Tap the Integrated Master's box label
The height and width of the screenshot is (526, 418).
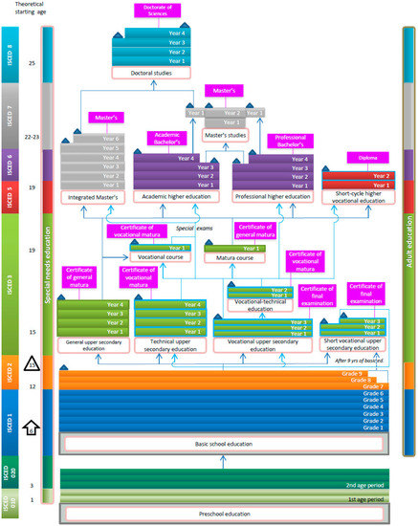click(x=96, y=196)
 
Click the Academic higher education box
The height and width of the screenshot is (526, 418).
click(x=178, y=196)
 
